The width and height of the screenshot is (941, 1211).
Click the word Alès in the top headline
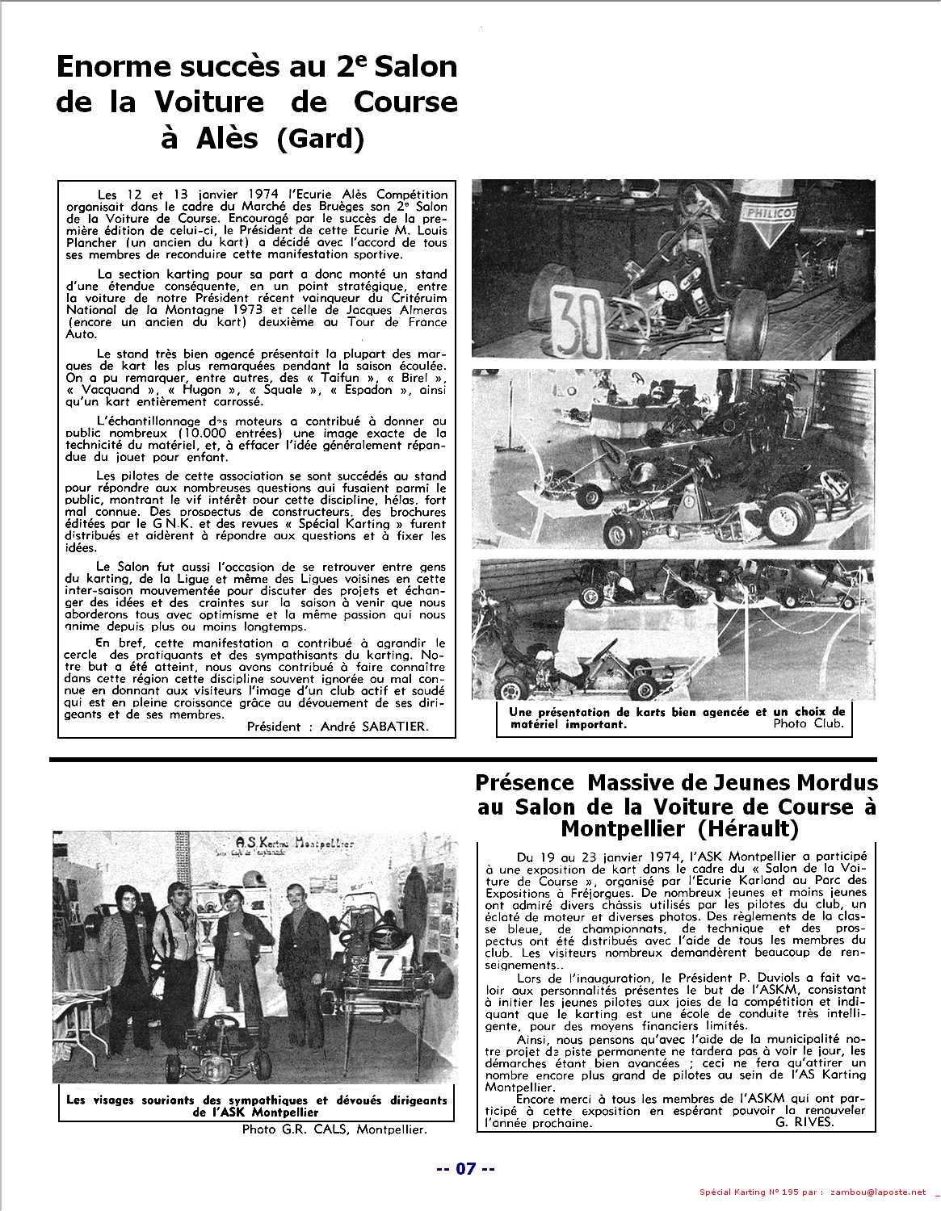(228, 139)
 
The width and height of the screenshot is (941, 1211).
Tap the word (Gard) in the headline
(321, 139)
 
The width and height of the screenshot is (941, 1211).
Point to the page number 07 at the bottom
(466, 1168)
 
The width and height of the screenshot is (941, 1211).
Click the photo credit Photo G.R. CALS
(334, 1129)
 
